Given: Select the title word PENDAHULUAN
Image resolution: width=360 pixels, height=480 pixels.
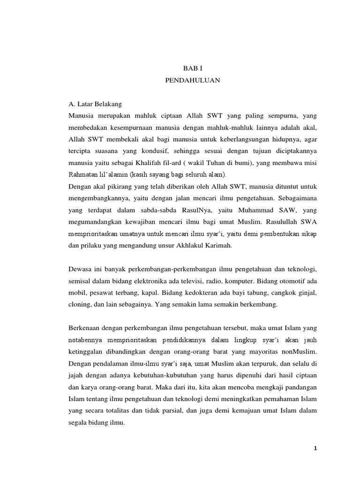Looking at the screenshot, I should (x=193, y=81).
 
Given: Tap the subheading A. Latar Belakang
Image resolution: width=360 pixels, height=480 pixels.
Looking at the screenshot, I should (x=95, y=104).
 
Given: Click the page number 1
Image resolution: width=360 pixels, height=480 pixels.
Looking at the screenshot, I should (x=316, y=449).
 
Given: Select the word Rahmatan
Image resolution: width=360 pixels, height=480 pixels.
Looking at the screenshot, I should (x=83, y=175).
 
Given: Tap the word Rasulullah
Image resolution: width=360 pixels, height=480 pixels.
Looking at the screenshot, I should (x=270, y=223).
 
